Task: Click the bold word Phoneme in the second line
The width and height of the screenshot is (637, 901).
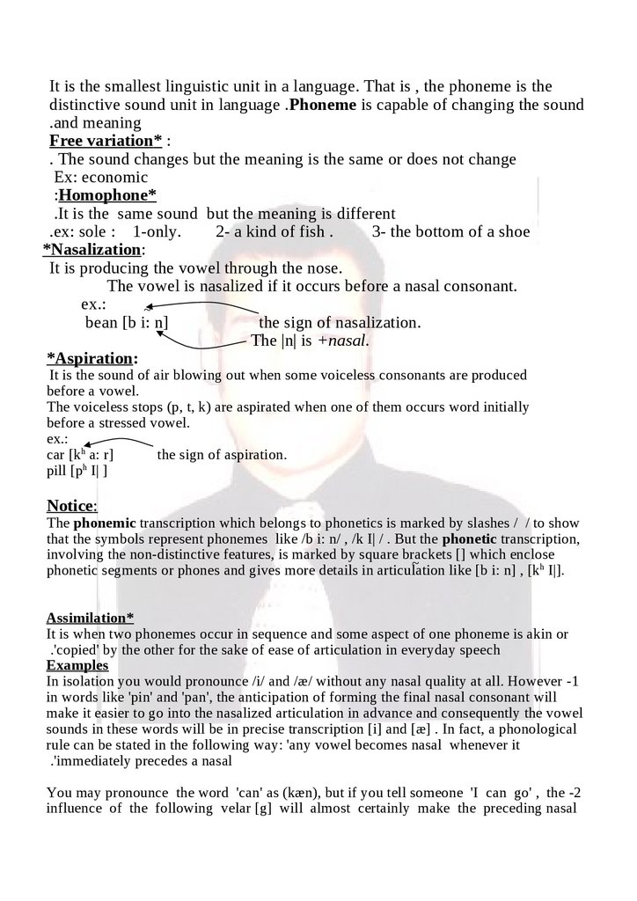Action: pyautogui.click(x=322, y=106)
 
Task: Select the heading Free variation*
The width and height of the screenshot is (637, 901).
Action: pyautogui.click(x=105, y=141)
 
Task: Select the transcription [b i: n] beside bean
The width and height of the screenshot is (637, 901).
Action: pyautogui.click(x=145, y=323)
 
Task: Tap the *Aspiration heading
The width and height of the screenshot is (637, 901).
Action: pyautogui.click(x=92, y=359)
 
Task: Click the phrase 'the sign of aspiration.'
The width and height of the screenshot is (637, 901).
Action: pyautogui.click(x=222, y=456)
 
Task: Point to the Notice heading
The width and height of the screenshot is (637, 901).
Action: pyautogui.click(x=71, y=506)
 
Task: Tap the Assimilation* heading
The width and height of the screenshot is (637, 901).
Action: pyautogui.click(x=90, y=618)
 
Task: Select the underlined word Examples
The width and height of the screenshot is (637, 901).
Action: pyautogui.click(x=77, y=665)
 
